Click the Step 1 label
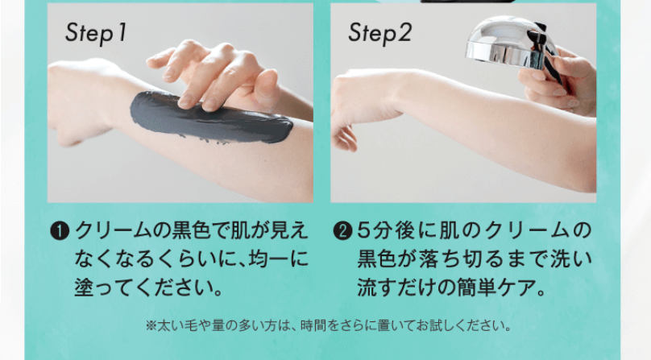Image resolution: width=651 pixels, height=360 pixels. [96, 34]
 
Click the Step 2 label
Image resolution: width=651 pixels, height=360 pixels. [379, 34]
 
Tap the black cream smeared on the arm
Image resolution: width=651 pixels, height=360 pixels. [211, 118]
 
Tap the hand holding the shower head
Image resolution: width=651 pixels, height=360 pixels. [560, 81]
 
